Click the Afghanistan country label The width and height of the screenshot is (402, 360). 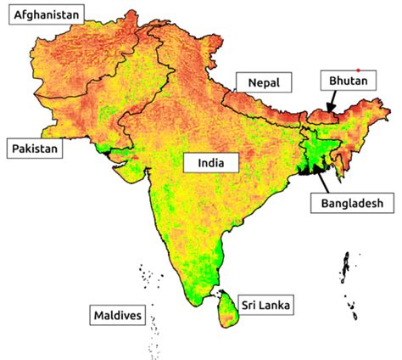[44, 14]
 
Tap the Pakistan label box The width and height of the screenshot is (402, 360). [35, 149]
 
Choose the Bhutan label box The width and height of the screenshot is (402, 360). [343, 82]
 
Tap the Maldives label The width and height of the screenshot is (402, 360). [116, 316]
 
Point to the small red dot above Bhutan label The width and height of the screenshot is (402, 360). [359, 70]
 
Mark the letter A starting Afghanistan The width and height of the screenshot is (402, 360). [11, 14]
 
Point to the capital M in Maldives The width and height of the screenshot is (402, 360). [97, 316]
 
